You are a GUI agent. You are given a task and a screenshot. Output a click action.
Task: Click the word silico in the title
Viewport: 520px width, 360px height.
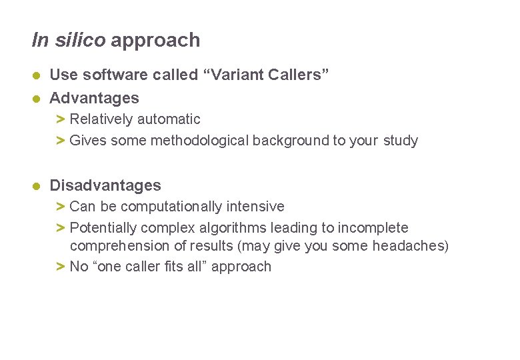click(79, 40)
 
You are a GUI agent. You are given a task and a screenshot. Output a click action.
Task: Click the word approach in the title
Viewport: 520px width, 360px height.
click(155, 41)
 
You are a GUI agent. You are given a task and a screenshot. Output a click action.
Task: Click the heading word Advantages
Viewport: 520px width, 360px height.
click(95, 98)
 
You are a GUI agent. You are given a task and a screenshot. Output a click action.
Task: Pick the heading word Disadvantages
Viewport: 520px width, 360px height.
click(105, 185)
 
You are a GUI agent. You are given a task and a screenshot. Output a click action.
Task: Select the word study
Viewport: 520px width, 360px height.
click(401, 141)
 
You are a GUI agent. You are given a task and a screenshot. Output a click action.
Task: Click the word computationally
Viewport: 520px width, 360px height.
click(158, 207)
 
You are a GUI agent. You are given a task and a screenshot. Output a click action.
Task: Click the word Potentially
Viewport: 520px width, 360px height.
click(101, 228)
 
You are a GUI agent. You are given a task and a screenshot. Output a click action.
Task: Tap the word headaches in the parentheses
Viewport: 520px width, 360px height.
click(407, 246)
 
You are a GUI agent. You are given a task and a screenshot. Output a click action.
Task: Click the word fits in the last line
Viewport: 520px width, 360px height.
click(164, 267)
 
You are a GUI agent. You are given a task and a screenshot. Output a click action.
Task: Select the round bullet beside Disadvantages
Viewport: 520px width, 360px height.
click(38, 185)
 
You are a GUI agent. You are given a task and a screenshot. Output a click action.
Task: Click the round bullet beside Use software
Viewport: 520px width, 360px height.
click(38, 75)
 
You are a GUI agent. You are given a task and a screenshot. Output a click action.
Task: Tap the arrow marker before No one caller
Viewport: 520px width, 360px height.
click(60, 267)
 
